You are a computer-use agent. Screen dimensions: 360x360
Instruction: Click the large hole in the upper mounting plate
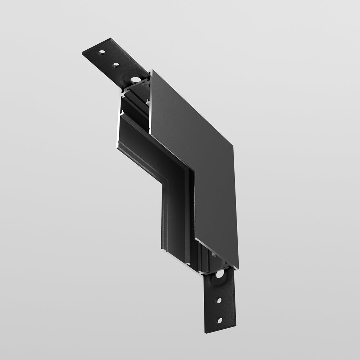[135, 80]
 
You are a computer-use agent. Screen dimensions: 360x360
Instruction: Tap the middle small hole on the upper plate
[116, 65]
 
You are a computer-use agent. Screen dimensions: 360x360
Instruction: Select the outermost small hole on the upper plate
[102, 53]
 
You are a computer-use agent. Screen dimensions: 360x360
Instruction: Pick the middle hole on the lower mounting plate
[219, 300]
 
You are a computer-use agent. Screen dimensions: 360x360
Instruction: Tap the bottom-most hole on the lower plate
[219, 320]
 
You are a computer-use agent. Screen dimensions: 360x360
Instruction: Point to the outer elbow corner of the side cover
[233, 146]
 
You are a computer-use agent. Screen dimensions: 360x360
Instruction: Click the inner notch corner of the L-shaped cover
[194, 172]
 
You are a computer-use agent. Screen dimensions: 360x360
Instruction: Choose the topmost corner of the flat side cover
[152, 70]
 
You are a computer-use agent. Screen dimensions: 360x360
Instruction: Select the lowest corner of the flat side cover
[238, 268]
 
